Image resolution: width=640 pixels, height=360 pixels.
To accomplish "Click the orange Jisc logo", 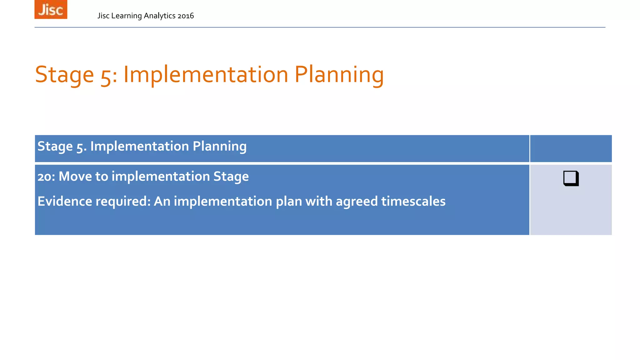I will [51, 9].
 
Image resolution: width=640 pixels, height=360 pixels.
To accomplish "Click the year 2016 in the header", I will [186, 16].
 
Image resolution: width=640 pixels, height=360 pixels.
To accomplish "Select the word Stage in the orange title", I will [64, 75].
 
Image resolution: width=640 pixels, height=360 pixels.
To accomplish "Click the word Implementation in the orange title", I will [206, 75].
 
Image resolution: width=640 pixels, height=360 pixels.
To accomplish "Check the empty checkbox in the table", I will [571, 178].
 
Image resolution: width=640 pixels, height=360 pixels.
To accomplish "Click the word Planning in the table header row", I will [219, 146].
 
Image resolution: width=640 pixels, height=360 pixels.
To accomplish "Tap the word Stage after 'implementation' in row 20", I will [231, 177].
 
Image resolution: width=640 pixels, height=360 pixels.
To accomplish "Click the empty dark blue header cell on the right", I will [571, 148].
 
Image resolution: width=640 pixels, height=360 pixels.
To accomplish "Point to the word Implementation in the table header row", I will [139, 146].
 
